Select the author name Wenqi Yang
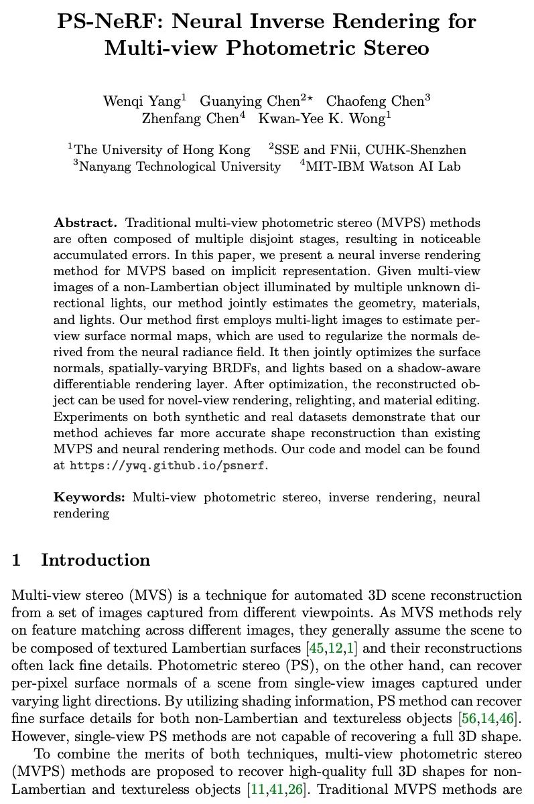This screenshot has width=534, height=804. [141, 101]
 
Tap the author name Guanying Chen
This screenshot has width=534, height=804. [249, 101]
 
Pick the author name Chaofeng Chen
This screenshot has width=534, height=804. [375, 101]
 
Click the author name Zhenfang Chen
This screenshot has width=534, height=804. [190, 118]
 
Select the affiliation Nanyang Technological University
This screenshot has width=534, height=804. [180, 167]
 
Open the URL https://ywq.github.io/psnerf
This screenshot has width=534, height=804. [168, 465]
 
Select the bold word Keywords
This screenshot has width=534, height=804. [89, 497]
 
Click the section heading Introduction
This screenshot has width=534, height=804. [95, 560]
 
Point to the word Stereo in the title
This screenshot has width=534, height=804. [389, 48]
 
